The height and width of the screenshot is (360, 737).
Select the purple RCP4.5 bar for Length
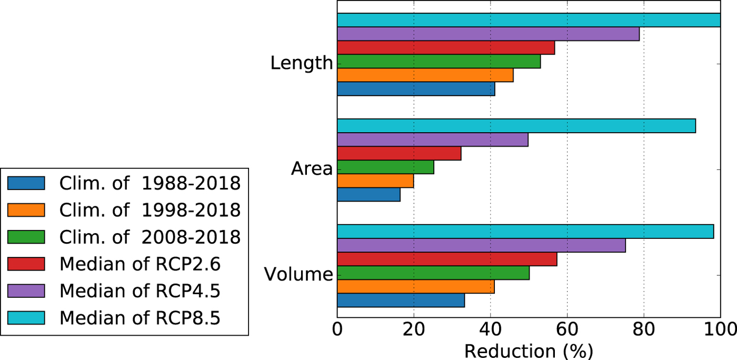tap(488, 34)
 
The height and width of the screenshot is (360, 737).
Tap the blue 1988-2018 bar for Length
tap(416, 89)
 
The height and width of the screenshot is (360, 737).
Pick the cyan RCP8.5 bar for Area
tap(516, 126)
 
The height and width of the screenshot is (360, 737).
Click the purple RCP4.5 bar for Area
tap(432, 139)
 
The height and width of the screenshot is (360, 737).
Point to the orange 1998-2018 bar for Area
tap(375, 181)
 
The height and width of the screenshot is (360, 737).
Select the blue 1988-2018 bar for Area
tap(368, 195)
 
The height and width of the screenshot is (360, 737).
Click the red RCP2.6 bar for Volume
tap(447, 259)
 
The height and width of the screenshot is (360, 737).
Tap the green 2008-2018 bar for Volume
tap(433, 273)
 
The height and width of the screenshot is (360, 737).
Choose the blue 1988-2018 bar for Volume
tap(401, 300)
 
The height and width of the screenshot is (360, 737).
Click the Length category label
tap(302, 64)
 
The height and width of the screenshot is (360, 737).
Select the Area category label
tap(312, 169)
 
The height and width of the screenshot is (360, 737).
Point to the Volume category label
tap(298, 275)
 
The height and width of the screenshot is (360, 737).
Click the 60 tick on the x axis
tap(567, 331)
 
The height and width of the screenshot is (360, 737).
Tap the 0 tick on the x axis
tap(337, 331)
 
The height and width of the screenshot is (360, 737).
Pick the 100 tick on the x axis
tap(719, 331)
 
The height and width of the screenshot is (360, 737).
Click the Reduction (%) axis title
tap(529, 351)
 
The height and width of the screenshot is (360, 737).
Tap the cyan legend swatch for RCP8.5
tap(26, 318)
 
